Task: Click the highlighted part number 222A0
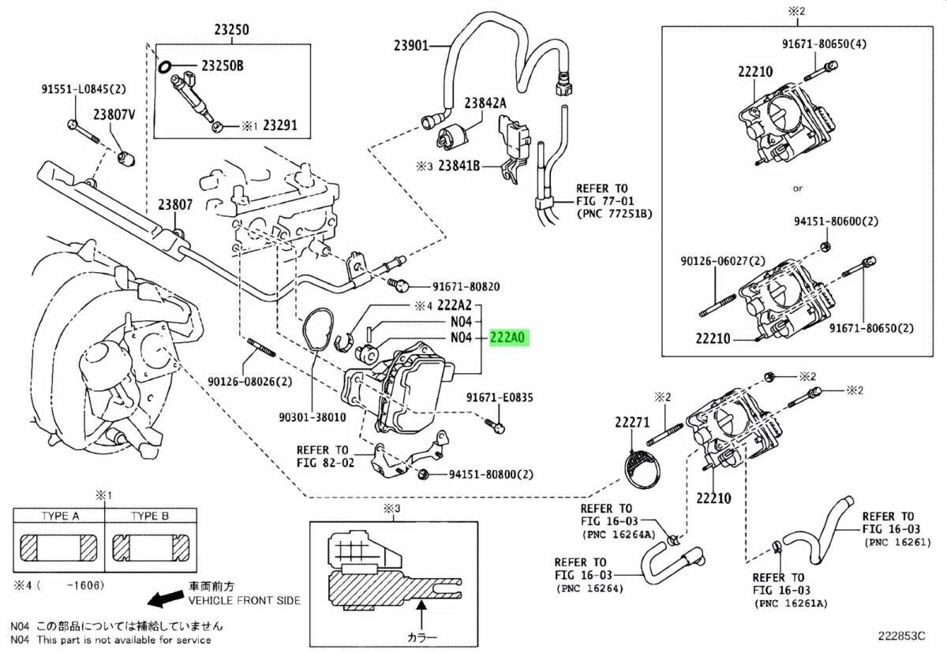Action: pos(509,338)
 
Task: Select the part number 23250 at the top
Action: pos(230,31)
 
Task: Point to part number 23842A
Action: pos(485,103)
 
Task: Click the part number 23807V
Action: pos(116,115)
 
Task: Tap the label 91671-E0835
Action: pos(500,398)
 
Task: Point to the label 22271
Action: pos(631,424)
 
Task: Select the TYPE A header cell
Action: pos(60,517)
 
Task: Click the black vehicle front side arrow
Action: pos(164,600)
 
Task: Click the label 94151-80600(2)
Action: pos(835,222)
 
